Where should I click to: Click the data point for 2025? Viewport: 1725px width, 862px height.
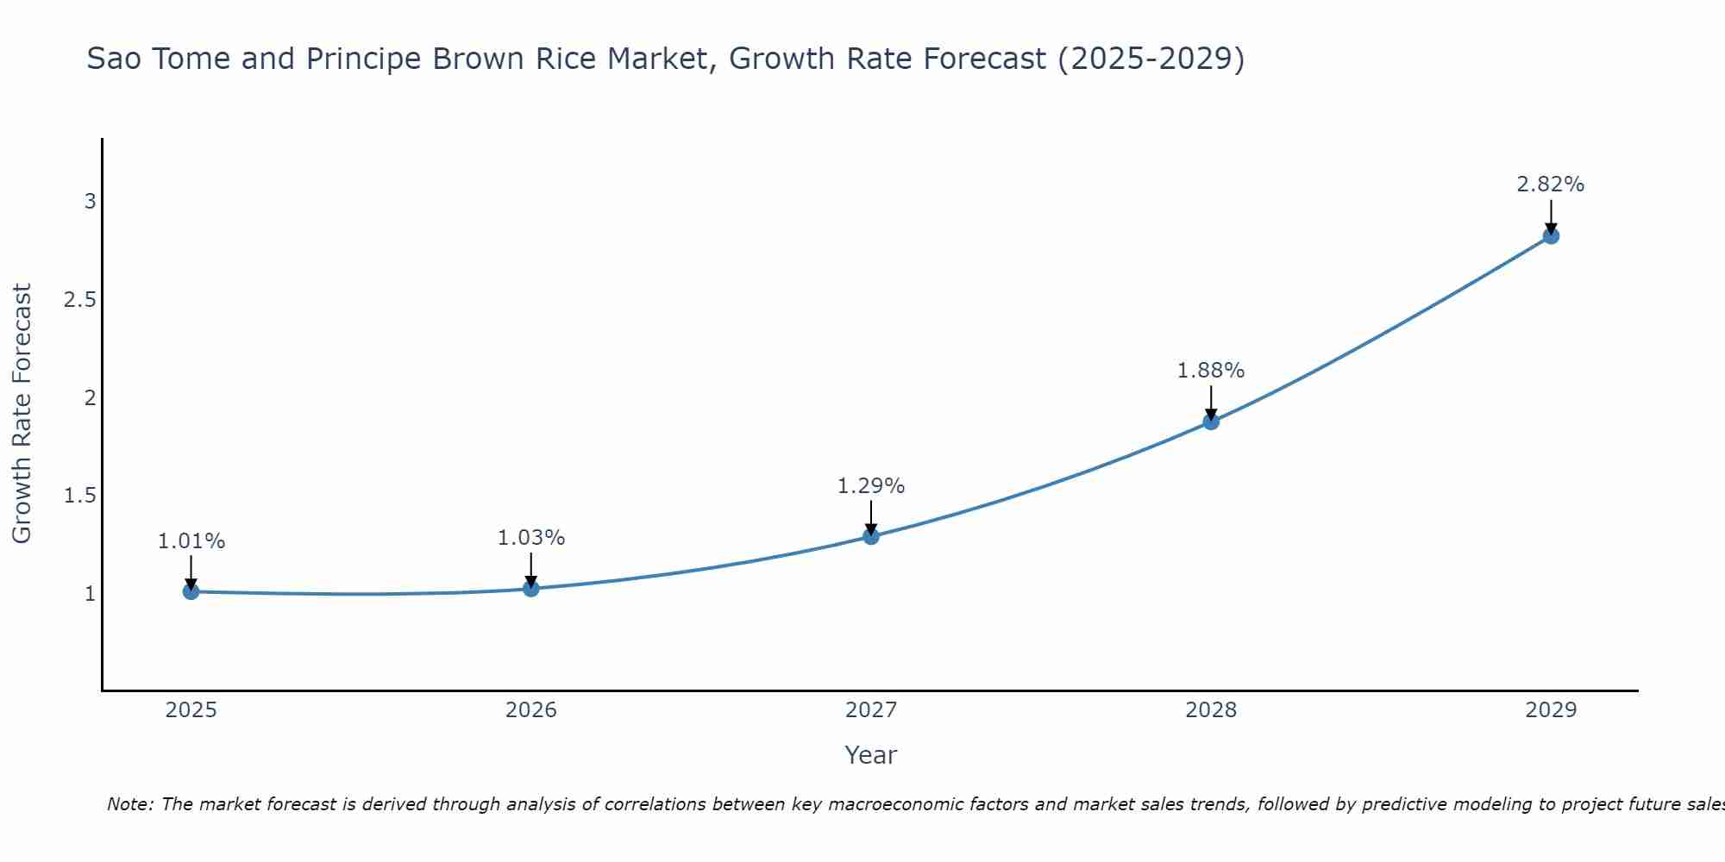click(191, 591)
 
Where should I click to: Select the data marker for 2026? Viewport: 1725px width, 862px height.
click(531, 589)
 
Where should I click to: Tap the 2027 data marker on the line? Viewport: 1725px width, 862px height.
click(871, 536)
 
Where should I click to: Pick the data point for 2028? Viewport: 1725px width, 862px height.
click(1211, 422)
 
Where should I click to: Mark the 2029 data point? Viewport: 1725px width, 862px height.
click(1551, 236)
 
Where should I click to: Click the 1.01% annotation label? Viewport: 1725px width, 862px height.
click(191, 541)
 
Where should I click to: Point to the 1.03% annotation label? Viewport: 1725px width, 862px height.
click(531, 538)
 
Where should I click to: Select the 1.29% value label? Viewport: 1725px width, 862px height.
click(871, 486)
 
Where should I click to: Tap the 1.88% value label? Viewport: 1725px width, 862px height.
click(1211, 371)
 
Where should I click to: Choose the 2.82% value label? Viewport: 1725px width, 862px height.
click(1551, 184)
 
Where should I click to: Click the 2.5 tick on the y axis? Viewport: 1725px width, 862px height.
click(79, 300)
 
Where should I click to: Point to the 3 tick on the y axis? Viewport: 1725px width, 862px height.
click(90, 202)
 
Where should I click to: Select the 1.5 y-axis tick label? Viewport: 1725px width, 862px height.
click(79, 496)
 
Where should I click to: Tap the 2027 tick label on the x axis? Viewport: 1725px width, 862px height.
click(871, 710)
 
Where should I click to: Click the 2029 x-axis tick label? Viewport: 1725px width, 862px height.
click(1551, 710)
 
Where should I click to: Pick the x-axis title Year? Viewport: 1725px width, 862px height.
click(871, 755)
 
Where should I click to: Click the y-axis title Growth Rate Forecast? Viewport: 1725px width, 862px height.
click(22, 414)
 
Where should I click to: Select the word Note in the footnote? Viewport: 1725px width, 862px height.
click(129, 804)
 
